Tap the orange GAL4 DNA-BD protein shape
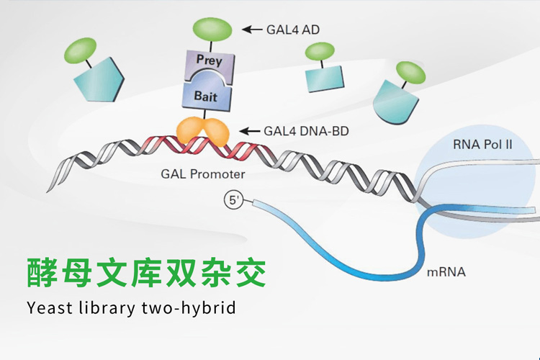pyautogui.click(x=203, y=131)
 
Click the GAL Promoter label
pyautogui.click(x=204, y=174)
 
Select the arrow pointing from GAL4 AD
pyautogui.click(x=252, y=30)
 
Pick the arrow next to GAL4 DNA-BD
pyautogui.click(x=249, y=130)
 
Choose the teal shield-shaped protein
pyautogui.click(x=395, y=99)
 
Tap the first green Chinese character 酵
pyautogui.click(x=45, y=272)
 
